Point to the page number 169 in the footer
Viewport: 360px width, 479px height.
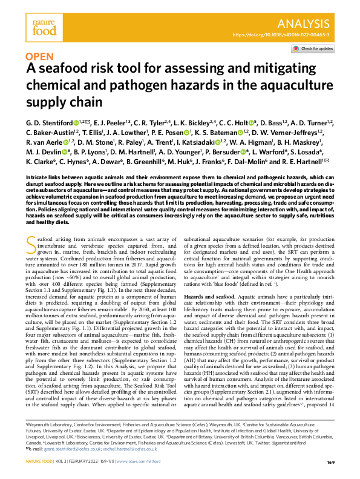[x=330, y=463]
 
